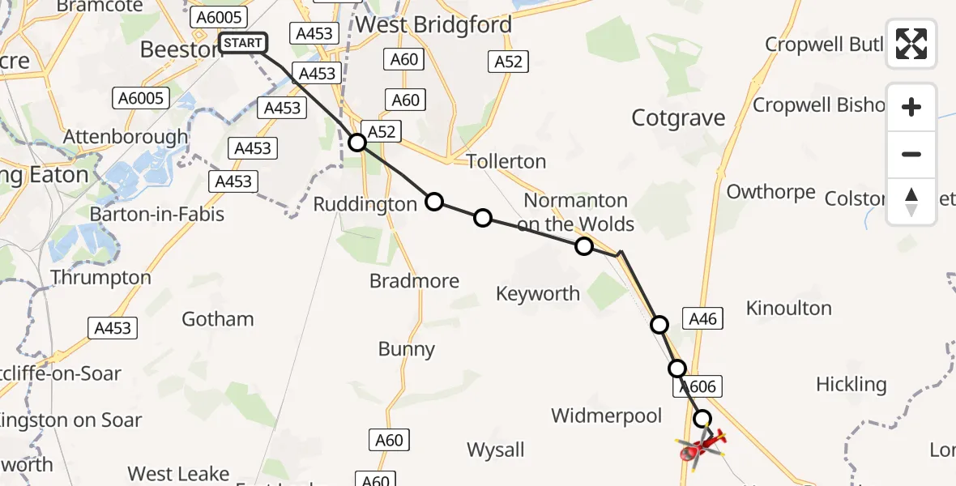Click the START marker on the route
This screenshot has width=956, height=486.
[242, 43]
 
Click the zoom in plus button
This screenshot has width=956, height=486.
[911, 107]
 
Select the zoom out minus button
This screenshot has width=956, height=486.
[911, 154]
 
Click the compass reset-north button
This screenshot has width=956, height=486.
[911, 201]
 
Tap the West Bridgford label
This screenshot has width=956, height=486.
[433, 25]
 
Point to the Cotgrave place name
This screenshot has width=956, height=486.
[678, 118]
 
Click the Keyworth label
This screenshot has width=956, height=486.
[539, 293]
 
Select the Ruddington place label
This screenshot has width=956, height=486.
[365, 204]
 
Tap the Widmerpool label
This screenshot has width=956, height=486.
[607, 416]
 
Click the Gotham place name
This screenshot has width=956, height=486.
[217, 318]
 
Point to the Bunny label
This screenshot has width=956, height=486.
[407, 349]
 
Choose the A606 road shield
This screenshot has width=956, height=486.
[695, 387]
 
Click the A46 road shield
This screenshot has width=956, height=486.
[702, 319]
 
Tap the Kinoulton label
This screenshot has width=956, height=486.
[788, 308]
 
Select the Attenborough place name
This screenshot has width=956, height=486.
[125, 137]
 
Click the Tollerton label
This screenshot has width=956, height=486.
[506, 161]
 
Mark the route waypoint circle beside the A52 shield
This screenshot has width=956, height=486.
[357, 143]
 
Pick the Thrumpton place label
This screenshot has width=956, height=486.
[100, 277]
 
